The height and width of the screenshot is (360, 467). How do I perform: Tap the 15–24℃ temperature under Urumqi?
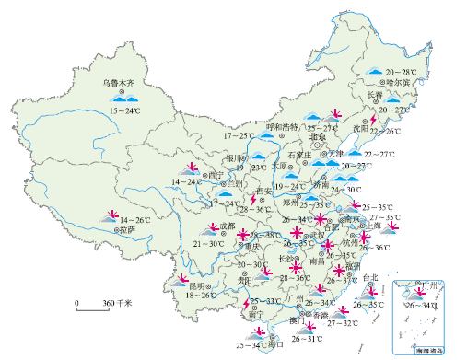[125, 111]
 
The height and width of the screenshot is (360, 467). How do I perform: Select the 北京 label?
[319, 136]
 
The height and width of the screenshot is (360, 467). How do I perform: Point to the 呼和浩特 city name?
[282, 127]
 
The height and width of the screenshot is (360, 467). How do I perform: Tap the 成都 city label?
[228, 226]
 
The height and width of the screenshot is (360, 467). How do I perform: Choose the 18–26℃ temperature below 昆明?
[202, 296]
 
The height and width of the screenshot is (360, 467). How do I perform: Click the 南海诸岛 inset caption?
[426, 350]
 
